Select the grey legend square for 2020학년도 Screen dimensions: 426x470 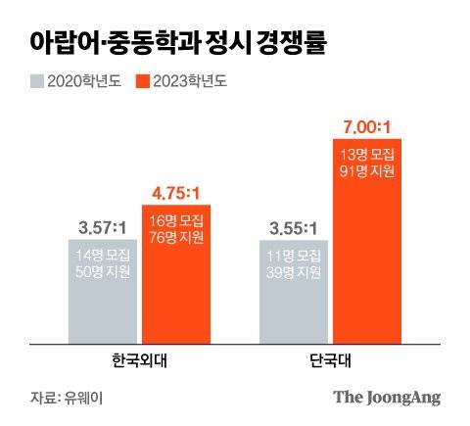[35, 81]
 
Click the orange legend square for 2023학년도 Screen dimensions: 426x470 [141, 81]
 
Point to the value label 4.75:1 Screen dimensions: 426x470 [176, 191]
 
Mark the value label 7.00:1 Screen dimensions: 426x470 [368, 126]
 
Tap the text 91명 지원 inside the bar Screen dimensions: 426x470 [368, 170]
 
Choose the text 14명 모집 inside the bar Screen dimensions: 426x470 [102, 255]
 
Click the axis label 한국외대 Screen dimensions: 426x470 [139, 360]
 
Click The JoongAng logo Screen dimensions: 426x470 [387, 397]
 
